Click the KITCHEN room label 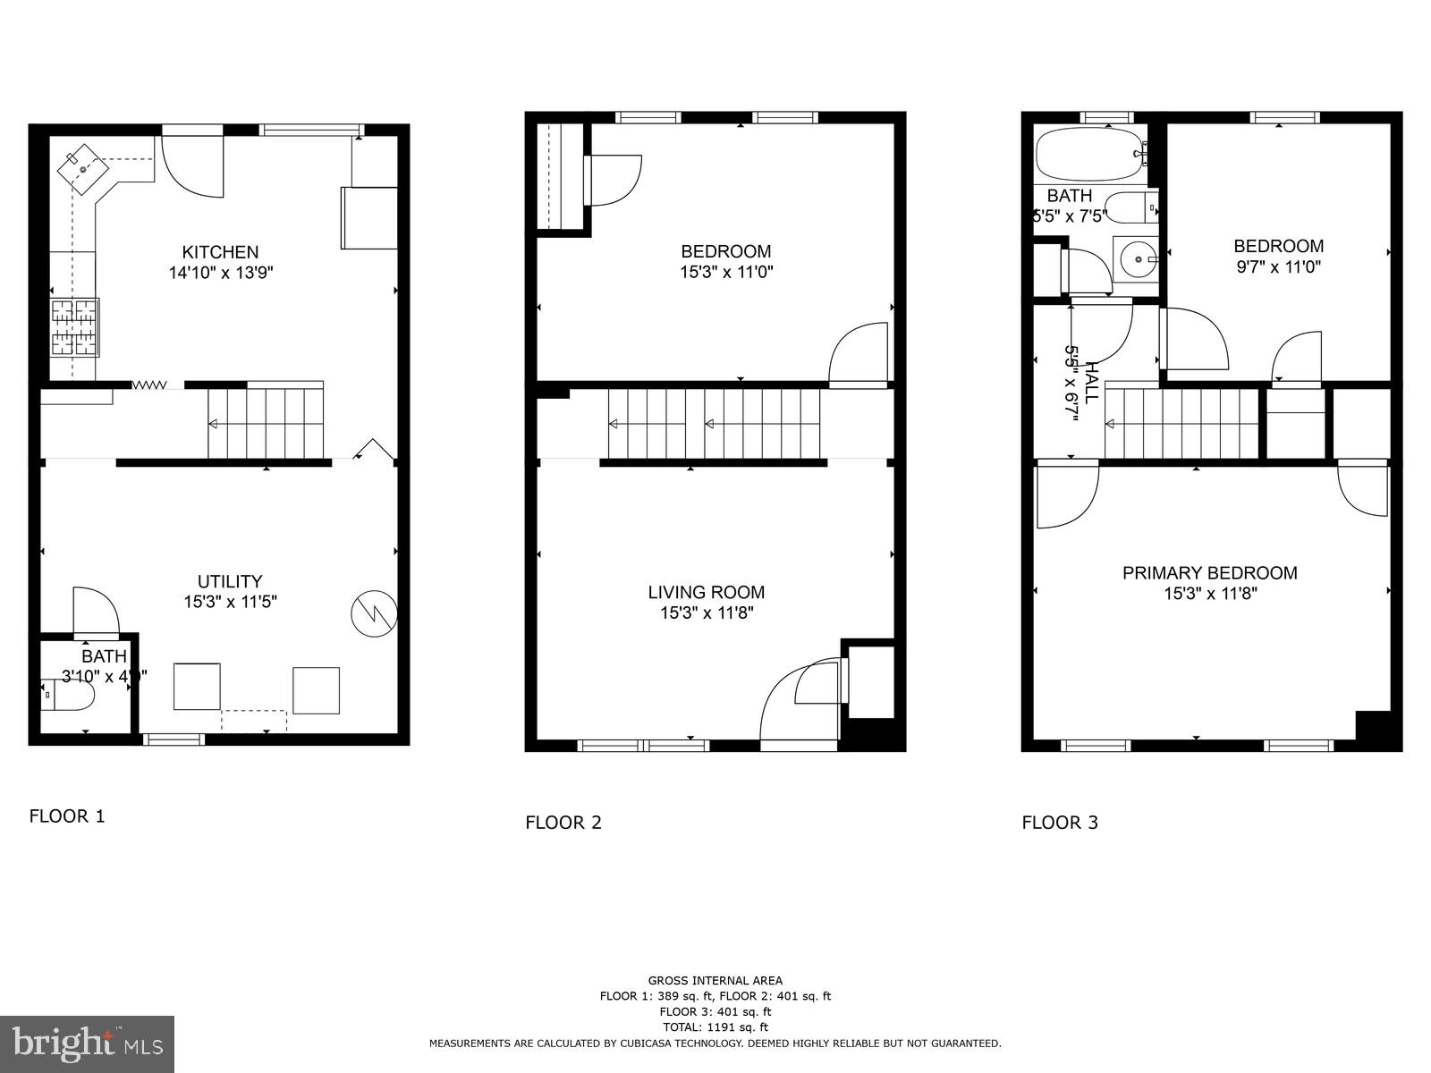pos(220,252)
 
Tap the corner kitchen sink pos(83,168)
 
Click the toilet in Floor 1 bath pos(72,695)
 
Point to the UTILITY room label pos(230,581)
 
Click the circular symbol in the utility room pos(374,613)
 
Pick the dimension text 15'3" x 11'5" pos(230,603)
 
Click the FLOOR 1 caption pos(67,815)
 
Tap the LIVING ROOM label pos(706,592)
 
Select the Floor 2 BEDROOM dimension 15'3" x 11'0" pos(725,272)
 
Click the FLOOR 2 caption pos(563,823)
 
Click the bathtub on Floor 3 pos(1089,154)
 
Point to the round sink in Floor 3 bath pos(1137,259)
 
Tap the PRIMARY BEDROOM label pos(1209,573)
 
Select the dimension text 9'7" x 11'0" pos(1278,266)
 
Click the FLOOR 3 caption pos(1060,823)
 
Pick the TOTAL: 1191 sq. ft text pos(715,1027)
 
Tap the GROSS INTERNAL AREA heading pos(715,981)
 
